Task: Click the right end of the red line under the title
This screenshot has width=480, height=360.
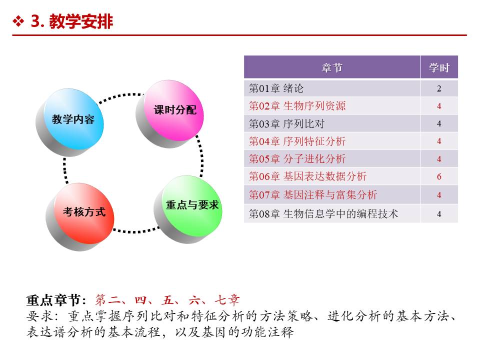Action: tap(466, 35)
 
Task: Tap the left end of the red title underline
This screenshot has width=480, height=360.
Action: tap(12, 35)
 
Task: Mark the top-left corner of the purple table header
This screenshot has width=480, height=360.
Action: tap(244, 56)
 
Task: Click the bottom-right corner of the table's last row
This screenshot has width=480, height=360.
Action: tap(457, 222)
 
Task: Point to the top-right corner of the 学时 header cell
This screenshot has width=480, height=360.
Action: tap(457, 56)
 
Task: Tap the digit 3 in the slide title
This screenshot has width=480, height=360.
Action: tap(36, 21)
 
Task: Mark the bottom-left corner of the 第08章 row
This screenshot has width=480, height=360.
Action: tap(244, 222)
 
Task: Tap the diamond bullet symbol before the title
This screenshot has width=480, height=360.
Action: tap(18, 21)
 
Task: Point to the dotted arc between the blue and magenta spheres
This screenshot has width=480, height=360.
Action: tap(120, 96)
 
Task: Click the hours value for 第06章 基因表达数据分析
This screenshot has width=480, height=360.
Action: tap(439, 176)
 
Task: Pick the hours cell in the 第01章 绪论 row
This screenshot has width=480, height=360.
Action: tap(439, 88)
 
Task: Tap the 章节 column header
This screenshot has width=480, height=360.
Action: tap(332, 67)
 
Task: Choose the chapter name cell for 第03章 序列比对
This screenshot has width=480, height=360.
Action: tap(332, 123)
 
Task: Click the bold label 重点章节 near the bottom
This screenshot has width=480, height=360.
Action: tap(53, 300)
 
